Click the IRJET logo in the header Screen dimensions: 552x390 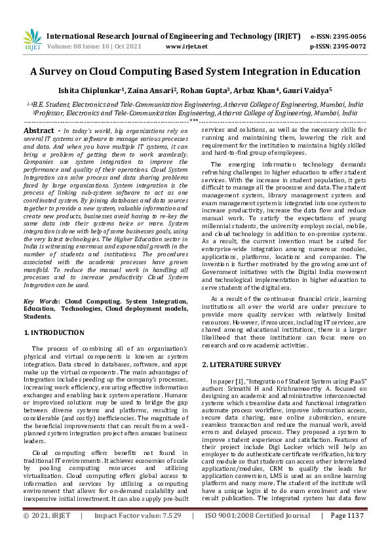point(32,39)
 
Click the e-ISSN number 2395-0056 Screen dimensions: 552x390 point(351,37)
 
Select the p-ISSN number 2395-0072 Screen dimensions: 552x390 point(351,47)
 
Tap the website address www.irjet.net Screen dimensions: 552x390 point(186,47)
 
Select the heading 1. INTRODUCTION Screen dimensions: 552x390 point(54,332)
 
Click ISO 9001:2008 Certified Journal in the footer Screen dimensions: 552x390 point(258,534)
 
